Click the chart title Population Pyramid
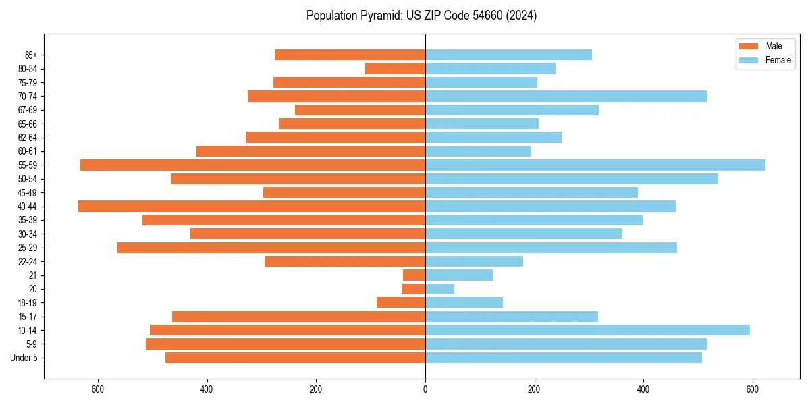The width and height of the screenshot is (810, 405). [x=421, y=16]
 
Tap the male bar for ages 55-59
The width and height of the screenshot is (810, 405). [x=252, y=165]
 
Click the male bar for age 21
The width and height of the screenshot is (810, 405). [x=414, y=275]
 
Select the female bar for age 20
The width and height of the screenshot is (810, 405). [x=439, y=289]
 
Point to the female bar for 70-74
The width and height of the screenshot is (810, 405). [x=566, y=97]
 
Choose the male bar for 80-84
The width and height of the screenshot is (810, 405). [x=395, y=69]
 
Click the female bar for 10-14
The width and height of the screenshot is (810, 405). [x=587, y=330]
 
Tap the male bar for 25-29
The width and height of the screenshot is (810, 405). [x=271, y=248]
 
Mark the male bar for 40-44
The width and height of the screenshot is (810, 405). [x=252, y=207]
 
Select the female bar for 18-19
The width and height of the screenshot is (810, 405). [x=464, y=303]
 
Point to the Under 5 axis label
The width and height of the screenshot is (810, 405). [x=24, y=358]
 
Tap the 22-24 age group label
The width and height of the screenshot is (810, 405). [x=27, y=262]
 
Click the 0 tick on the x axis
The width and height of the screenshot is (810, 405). [x=425, y=389]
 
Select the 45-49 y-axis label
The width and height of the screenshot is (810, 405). [x=27, y=193]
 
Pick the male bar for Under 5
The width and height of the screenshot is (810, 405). [x=295, y=358]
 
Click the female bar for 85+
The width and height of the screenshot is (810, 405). [x=508, y=55]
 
